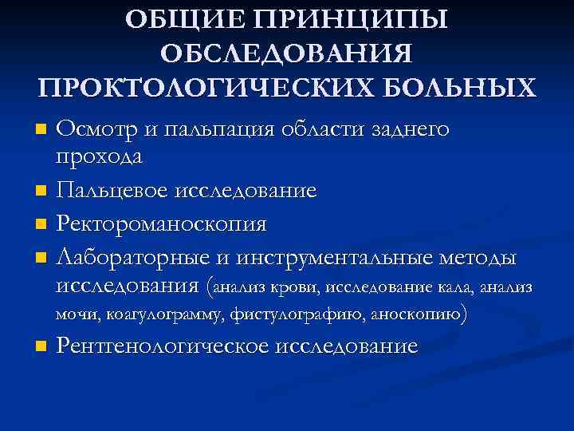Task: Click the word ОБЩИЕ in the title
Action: [188, 19]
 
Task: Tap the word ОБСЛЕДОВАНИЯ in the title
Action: [286, 53]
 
